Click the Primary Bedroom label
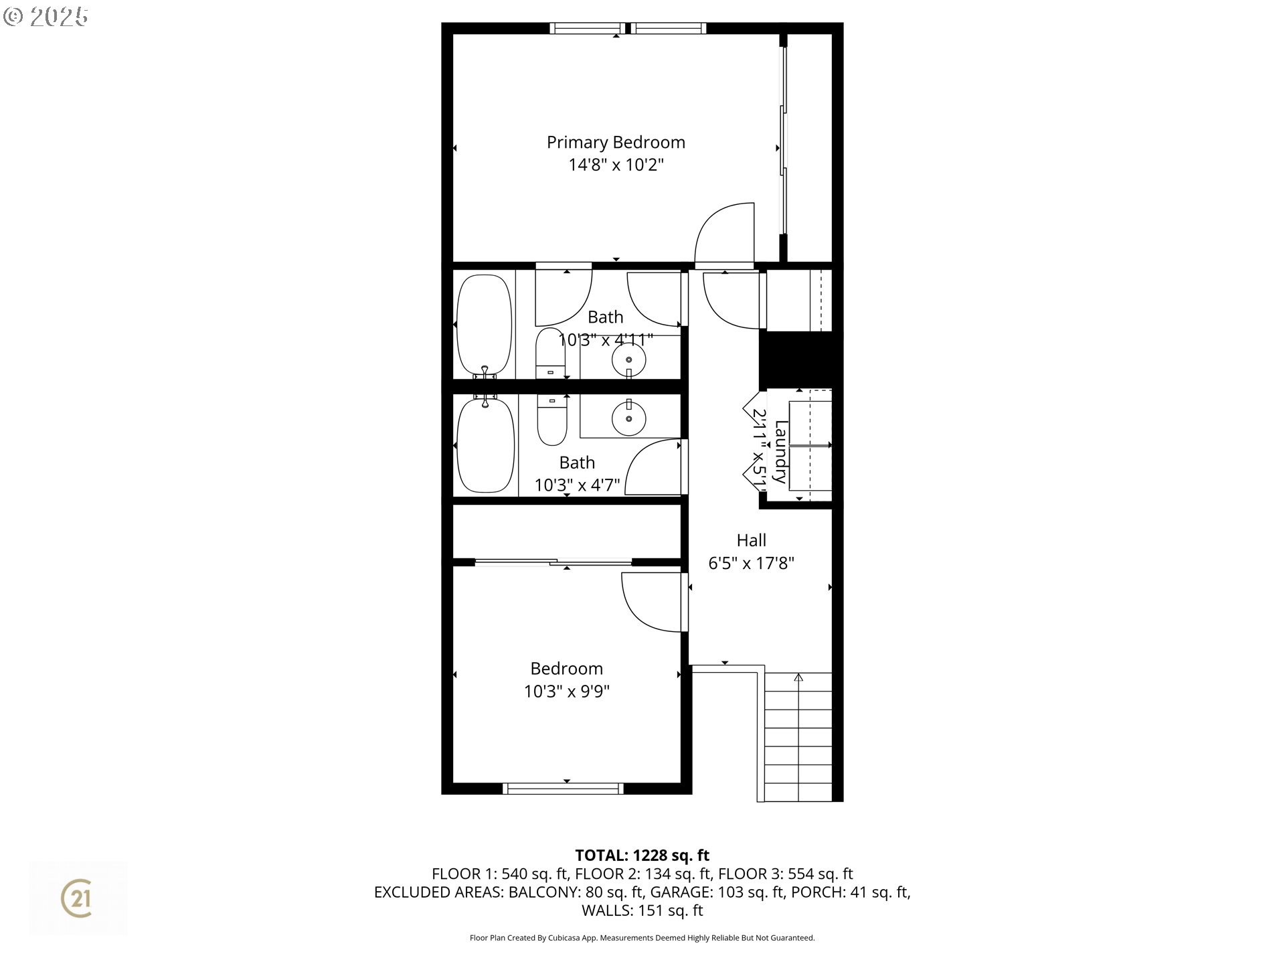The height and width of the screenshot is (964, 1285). pyautogui.click(x=616, y=142)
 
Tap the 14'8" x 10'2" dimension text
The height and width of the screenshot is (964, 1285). pyautogui.click(x=616, y=165)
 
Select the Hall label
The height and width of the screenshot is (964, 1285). pyautogui.click(x=751, y=540)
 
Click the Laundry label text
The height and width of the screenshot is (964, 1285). pyautogui.click(x=780, y=451)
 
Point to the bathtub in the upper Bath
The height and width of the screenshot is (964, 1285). pyautogui.click(x=484, y=325)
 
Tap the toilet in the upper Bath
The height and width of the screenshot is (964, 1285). pyautogui.click(x=551, y=353)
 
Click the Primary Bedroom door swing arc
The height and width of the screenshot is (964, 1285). pyautogui.click(x=723, y=234)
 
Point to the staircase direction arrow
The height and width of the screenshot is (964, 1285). pyautogui.click(x=798, y=677)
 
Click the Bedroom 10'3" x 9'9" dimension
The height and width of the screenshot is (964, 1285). pyautogui.click(x=566, y=692)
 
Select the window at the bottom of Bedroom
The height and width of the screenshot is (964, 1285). pyautogui.click(x=563, y=789)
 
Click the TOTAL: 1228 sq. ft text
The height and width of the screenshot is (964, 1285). pyautogui.click(x=642, y=855)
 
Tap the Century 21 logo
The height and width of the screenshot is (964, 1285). pyautogui.click(x=78, y=898)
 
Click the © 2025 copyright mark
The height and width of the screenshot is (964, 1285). pyautogui.click(x=46, y=17)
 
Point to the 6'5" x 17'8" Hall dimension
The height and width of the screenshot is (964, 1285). pyautogui.click(x=751, y=563)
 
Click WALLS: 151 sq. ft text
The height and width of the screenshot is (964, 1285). pyautogui.click(x=642, y=910)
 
